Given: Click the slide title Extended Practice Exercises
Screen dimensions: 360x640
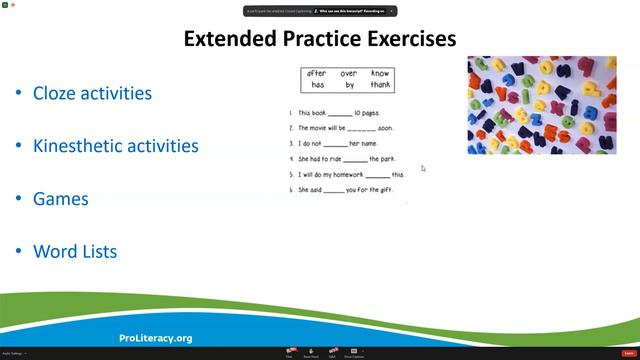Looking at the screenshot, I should pos(320,39).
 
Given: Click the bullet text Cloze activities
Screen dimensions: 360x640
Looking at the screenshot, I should pos(92,93).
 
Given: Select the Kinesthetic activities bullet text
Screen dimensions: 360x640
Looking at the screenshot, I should pos(115,146).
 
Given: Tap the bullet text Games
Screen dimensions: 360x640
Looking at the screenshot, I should pos(61,199).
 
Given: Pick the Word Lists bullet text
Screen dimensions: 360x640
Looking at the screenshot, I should pos(75,252).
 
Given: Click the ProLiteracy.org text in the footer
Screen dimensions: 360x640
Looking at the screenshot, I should pos(155,338).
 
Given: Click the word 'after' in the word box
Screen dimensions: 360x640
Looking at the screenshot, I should pos(317,74).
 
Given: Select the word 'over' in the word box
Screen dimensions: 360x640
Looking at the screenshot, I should pos(348,74).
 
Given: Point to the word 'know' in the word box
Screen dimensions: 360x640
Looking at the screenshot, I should pos(380,74).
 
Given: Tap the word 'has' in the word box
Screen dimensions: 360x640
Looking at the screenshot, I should pos(316,86).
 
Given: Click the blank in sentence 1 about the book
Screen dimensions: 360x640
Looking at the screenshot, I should pos(340,114).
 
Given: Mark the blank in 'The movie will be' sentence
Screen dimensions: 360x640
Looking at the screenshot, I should pos(361,129).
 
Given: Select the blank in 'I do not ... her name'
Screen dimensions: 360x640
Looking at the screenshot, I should pos(335,144).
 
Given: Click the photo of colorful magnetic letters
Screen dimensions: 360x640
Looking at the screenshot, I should pos(541,105).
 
